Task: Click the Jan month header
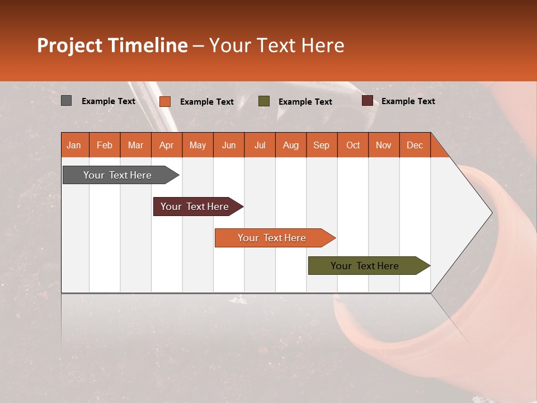pyautogui.click(x=74, y=145)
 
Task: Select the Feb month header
pyautogui.click(x=105, y=145)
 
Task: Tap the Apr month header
pyautogui.click(x=166, y=145)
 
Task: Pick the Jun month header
pyautogui.click(x=229, y=145)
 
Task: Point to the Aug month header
pyautogui.click(x=290, y=145)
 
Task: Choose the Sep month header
pyautogui.click(x=321, y=145)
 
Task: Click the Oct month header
pyautogui.click(x=353, y=145)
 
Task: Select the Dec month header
pyautogui.click(x=414, y=145)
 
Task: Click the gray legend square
pyautogui.click(x=67, y=101)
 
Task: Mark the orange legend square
pyautogui.click(x=165, y=101)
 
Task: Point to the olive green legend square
pyautogui.click(x=264, y=101)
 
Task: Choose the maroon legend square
pyautogui.click(x=367, y=101)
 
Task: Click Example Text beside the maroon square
pyautogui.click(x=408, y=101)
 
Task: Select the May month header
pyautogui.click(x=197, y=145)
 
